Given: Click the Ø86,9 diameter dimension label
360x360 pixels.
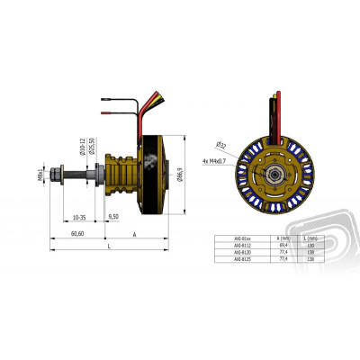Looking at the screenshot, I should point(181,173).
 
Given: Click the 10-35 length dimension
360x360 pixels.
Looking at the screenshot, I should point(80,217).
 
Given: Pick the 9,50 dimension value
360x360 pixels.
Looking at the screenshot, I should point(113,217).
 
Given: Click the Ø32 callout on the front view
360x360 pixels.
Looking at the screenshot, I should point(220,144).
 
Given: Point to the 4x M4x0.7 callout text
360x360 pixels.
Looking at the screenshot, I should point(216,161).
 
